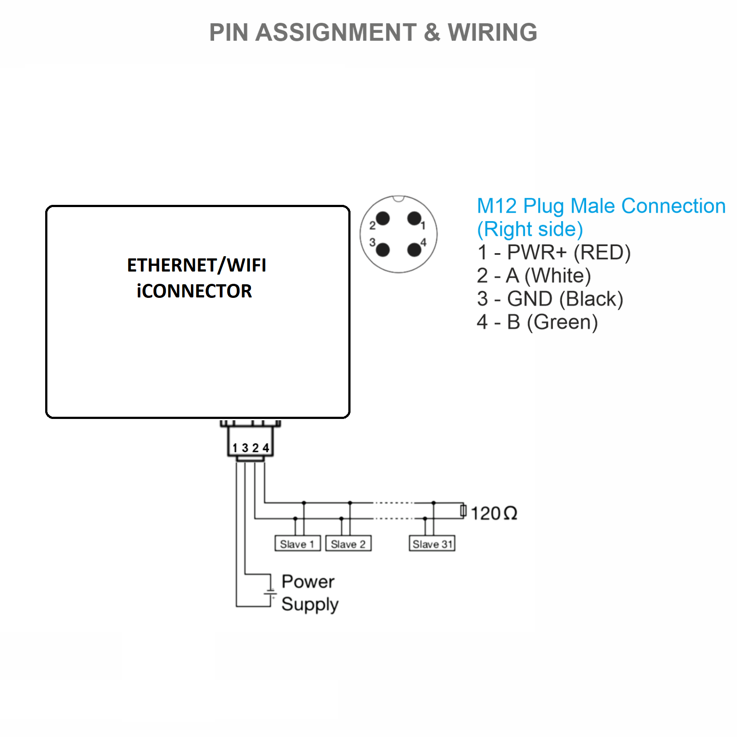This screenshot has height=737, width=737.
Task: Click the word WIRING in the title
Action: pyautogui.click(x=492, y=32)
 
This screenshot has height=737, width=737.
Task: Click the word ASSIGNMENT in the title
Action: pyautogui.click(x=336, y=32)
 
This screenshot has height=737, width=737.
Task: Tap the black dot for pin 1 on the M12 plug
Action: pyautogui.click(x=414, y=218)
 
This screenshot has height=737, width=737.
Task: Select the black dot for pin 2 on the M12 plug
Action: pyautogui.click(x=383, y=218)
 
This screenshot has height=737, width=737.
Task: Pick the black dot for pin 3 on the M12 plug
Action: pyautogui.click(x=383, y=250)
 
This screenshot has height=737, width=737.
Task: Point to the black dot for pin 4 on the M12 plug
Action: pyautogui.click(x=414, y=250)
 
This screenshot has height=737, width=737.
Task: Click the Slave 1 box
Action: pyautogui.click(x=297, y=544)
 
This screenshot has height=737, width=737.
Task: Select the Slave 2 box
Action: pyautogui.click(x=348, y=544)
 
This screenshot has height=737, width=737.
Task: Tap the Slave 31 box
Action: pyautogui.click(x=432, y=544)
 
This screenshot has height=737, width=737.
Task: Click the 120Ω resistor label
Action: pyautogui.click(x=494, y=513)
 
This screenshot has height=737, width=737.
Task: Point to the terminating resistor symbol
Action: pyautogui.click(x=463, y=511)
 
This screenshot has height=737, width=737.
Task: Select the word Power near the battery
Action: pyautogui.click(x=308, y=582)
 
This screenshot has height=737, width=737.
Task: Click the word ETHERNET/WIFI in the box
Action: pyautogui.click(x=197, y=265)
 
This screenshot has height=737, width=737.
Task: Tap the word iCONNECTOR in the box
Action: pyautogui.click(x=194, y=291)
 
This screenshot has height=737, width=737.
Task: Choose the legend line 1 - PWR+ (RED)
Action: pyautogui.click(x=554, y=253)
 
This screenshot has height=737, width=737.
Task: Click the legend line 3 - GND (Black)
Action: pyautogui.click(x=550, y=299)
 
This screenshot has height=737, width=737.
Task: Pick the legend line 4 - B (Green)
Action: pyautogui.click(x=537, y=322)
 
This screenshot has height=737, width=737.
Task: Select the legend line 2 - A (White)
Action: pyautogui.click(x=533, y=276)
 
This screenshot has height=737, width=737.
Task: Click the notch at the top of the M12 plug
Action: pyautogui.click(x=398, y=199)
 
